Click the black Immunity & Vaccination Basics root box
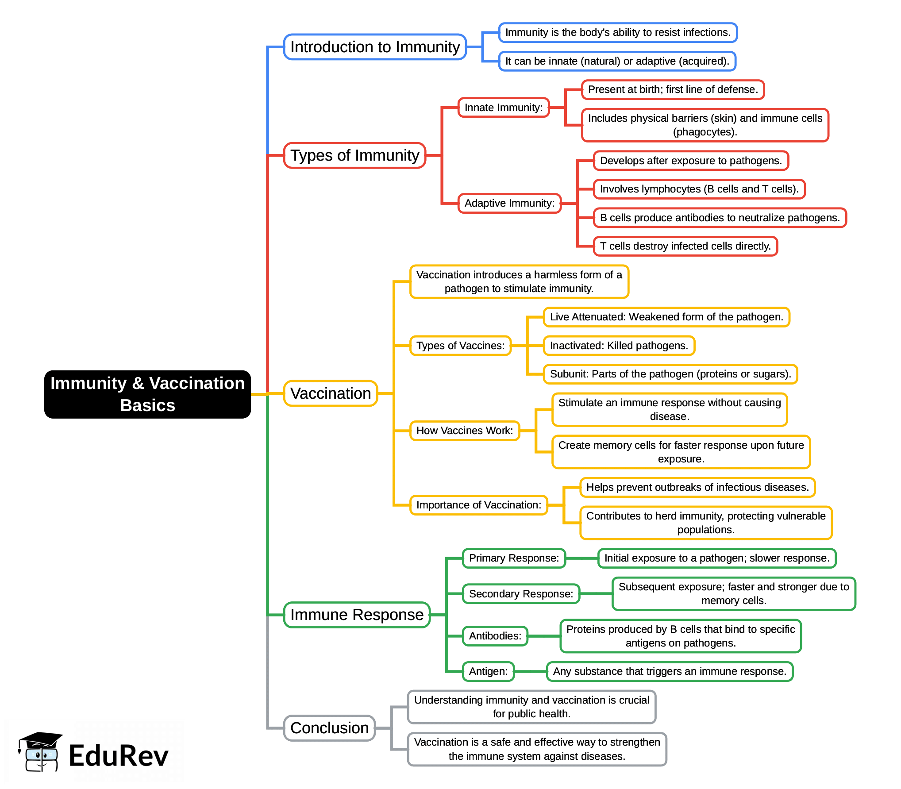coord(147,394)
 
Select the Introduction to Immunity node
coord(375,47)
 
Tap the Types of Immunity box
coord(354,155)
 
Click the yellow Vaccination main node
coord(330,393)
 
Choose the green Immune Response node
coord(357,615)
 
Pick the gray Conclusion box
coord(329,728)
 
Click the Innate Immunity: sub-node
coord(503,108)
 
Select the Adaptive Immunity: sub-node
coord(509,203)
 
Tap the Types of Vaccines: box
coord(460,346)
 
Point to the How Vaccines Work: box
coord(465,431)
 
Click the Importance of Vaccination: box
coord(478,505)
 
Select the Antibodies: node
coord(495,636)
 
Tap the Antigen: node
coord(488,671)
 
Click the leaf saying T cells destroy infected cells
coord(685,246)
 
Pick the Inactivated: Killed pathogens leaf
coord(619,346)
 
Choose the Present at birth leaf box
coord(673,90)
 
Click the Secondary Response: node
coord(521,594)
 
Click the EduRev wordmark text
coord(119,756)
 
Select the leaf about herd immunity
coord(706,523)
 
